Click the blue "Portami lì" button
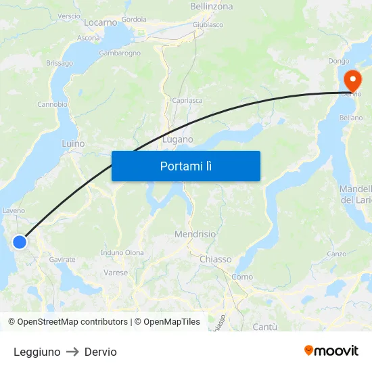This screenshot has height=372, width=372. pos(185,166)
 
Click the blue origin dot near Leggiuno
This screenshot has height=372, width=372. pos(20,241)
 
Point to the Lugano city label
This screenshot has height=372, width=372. pos(178,139)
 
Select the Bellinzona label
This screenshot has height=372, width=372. pos(211,6)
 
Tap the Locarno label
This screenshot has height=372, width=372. pos(101,22)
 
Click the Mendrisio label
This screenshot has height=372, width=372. pos(195,234)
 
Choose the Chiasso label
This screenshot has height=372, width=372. pos(215,259)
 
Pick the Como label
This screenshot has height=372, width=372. pos(242,277)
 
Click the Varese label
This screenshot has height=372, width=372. pos(116,273)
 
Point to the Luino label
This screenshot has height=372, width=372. pos(73,143)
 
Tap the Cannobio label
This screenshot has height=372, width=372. pos(52,104)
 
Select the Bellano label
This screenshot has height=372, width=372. pos(351,117)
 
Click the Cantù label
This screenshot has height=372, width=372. pos(264,327)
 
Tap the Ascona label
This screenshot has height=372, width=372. pos(89,38)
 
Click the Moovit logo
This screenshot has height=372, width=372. pos(331,350)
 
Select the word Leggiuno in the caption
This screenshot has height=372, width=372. pos(37,352)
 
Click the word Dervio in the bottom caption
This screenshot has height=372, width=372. pos(101,352)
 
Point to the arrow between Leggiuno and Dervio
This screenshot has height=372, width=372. pos(72,352)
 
